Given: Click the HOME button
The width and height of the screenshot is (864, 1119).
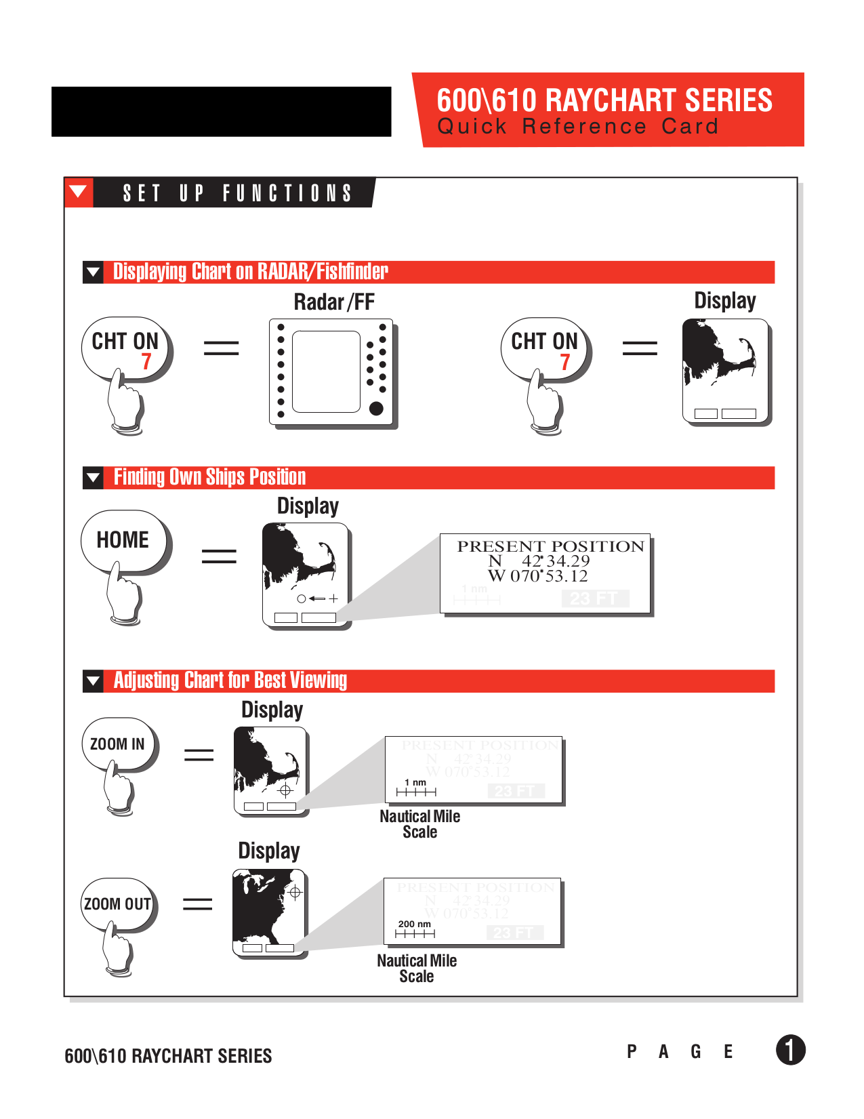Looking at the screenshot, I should pos(123,540).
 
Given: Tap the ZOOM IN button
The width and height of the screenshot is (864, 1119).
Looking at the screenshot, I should pos(117,744).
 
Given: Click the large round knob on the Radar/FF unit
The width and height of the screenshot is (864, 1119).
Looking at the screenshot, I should pos(376,408).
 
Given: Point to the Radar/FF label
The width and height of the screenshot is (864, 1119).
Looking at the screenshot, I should pos(333,302).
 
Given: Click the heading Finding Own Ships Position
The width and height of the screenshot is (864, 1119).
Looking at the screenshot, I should pos(209,477).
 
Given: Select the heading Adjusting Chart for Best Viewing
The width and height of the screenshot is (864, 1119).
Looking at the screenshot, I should pos(230,680).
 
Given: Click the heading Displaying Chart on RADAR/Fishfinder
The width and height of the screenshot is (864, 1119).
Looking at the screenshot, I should pos(250,272).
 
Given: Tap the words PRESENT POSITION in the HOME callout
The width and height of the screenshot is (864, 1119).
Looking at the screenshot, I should pos(550,546).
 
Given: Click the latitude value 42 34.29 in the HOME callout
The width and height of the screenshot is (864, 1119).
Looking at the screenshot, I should pos(555,561).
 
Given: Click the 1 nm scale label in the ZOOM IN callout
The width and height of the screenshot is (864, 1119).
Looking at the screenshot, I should pos(415,782).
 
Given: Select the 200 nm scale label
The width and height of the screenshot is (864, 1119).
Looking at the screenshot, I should pos(414,924).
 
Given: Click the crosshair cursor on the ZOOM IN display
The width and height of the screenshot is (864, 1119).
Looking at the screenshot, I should pos(285,790).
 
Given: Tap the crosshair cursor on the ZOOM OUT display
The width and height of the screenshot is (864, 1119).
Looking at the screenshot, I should pos(295,893).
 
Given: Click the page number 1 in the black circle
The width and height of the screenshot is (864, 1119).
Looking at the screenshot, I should pos(790,1050).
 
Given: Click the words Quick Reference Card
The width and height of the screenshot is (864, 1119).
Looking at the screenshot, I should pos(577,127).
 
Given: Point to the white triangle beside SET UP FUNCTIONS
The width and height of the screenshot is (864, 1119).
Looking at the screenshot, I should pos(79,191).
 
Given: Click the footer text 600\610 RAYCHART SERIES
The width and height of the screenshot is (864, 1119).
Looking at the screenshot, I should pos(168,1056).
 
